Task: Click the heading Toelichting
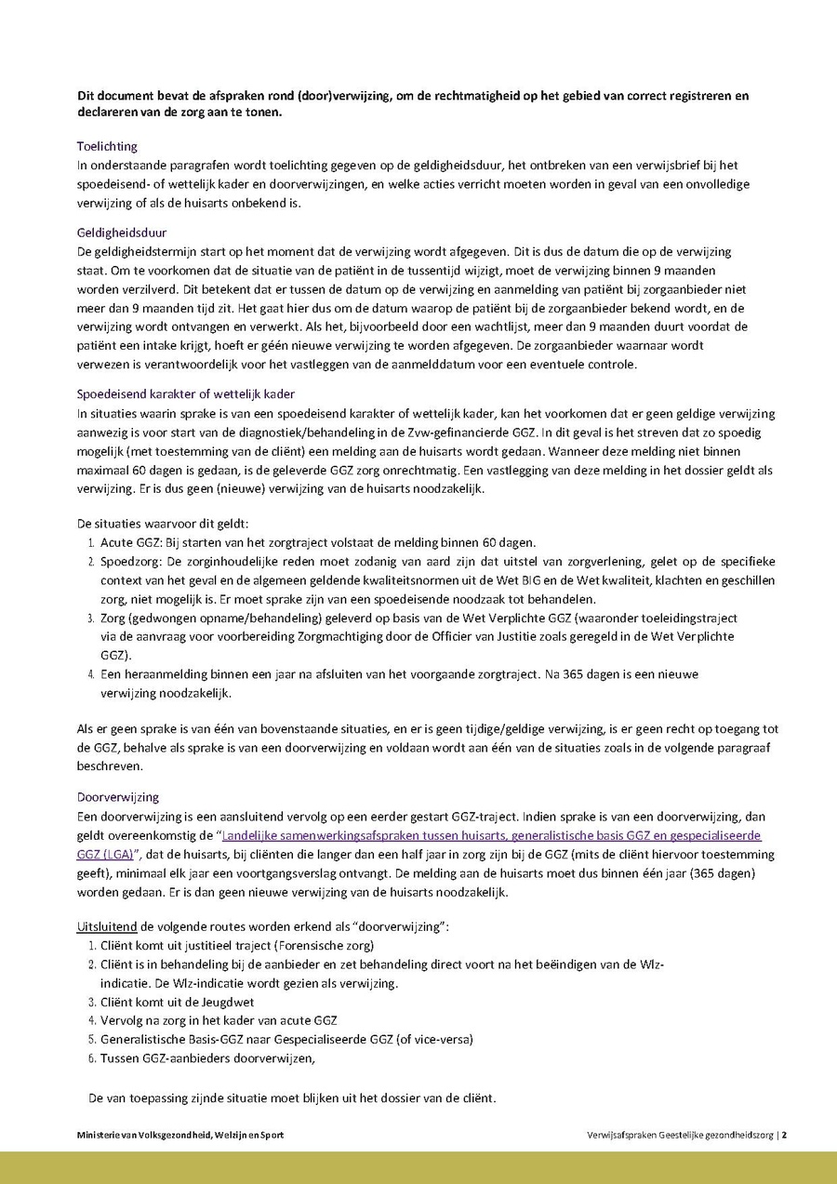coord(107,146)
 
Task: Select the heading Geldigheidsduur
coord(122,233)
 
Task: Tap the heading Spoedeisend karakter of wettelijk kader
coord(185,394)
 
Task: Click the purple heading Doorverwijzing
coord(118,797)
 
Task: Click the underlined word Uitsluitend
coord(106,928)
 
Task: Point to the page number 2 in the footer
coord(785,1135)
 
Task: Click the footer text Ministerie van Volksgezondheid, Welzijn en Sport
coord(180,1135)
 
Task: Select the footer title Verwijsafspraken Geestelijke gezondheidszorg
coord(681,1135)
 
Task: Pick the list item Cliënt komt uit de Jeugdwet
coord(177,1002)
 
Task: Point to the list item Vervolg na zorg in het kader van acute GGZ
coord(219,1020)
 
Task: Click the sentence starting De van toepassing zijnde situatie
coord(292,1098)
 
